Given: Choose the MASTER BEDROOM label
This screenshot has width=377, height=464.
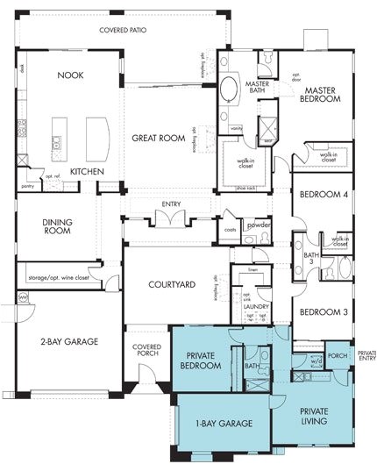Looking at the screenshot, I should point(321,95).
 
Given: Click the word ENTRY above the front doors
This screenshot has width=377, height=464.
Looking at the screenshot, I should point(170,205).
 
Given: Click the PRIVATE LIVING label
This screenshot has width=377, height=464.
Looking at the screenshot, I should point(314,416).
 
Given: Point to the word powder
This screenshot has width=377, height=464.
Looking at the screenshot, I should point(259,225).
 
